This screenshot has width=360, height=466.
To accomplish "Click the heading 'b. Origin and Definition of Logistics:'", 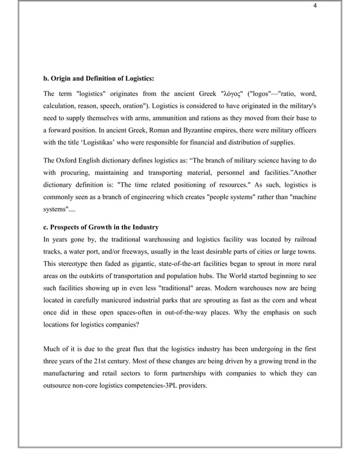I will [99, 78].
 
